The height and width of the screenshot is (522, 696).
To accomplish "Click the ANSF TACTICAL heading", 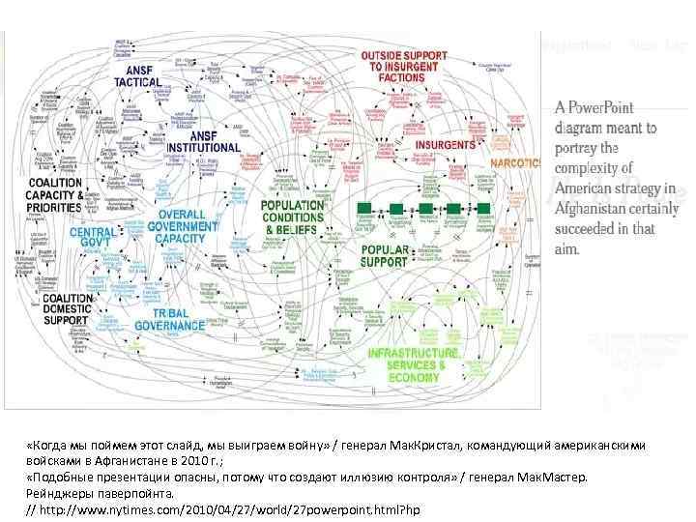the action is pyautogui.click(x=138, y=76).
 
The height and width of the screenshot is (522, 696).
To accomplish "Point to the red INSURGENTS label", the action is pyautogui.click(x=445, y=145).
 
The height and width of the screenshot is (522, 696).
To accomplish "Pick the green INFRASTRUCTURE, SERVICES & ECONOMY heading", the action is pyautogui.click(x=414, y=364).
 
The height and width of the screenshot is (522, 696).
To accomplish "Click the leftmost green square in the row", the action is pyautogui.click(x=364, y=209).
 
